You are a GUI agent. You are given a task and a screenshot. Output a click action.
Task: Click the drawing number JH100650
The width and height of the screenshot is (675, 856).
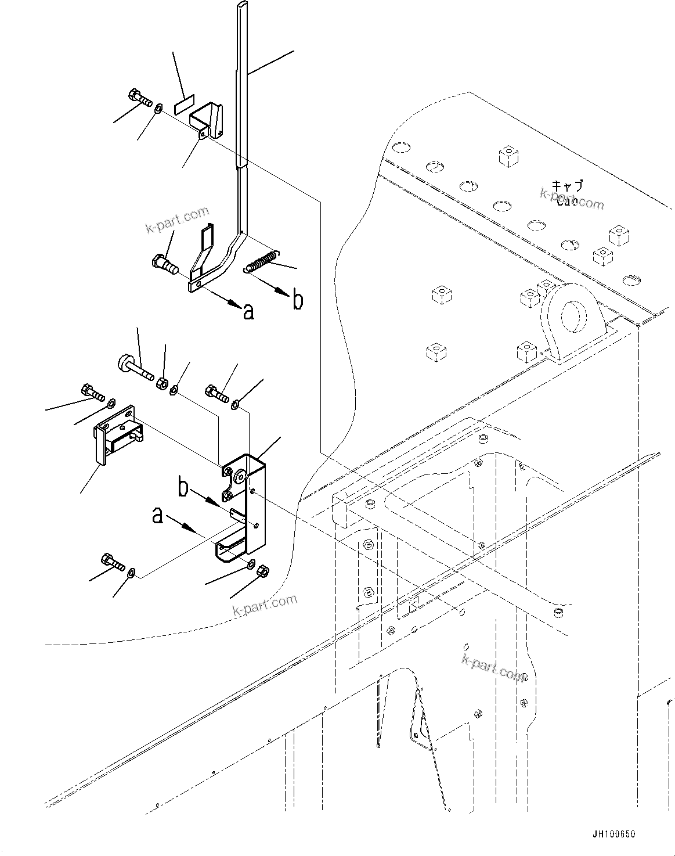pyautogui.click(x=613, y=835)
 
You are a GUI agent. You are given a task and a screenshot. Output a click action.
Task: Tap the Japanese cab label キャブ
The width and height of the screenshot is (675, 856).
pyautogui.click(x=567, y=186)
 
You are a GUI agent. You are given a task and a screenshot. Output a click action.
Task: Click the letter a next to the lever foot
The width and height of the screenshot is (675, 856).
pyautogui.click(x=248, y=312)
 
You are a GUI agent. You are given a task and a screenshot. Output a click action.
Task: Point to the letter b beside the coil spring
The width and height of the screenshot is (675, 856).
pyautogui.click(x=297, y=300)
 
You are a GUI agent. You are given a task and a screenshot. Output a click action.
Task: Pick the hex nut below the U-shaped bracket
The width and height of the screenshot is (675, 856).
pyautogui.click(x=262, y=571)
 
